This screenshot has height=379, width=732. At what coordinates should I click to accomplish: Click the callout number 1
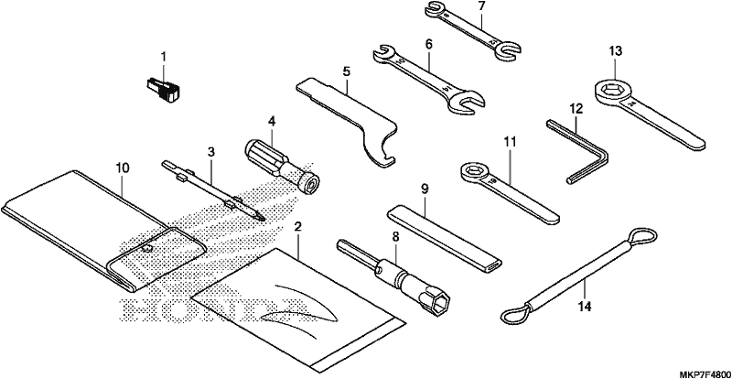(164, 57)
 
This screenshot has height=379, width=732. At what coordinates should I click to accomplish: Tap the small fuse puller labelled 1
(162, 90)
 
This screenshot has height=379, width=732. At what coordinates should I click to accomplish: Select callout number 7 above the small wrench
(482, 6)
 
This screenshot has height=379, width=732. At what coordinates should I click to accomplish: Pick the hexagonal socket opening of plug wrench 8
(439, 303)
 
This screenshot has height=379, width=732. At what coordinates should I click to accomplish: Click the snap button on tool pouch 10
(147, 249)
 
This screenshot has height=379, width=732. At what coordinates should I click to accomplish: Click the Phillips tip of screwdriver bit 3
(259, 216)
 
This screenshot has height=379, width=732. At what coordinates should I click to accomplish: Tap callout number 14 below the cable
(584, 307)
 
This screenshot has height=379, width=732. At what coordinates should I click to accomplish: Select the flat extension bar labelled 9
(445, 238)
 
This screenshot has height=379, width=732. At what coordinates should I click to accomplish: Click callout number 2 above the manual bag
(298, 227)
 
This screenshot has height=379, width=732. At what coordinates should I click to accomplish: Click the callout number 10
(123, 168)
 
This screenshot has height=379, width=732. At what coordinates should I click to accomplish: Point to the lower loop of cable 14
(516, 314)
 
